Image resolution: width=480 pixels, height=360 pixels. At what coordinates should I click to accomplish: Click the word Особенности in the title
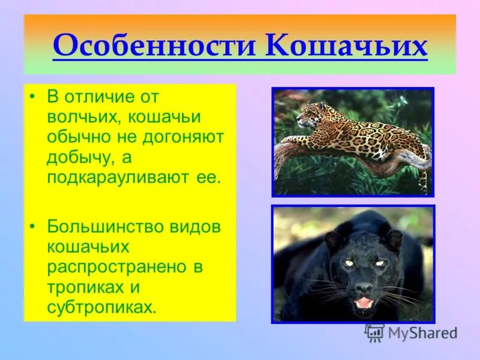click(x=154, y=46)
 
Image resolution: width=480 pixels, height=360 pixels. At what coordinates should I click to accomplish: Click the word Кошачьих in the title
click(x=346, y=46)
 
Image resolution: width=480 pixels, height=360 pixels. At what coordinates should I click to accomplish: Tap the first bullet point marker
click(x=35, y=96)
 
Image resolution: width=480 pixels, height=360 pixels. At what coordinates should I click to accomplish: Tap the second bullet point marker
click(x=35, y=227)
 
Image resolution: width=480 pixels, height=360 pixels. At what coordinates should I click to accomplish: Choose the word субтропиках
click(x=101, y=308)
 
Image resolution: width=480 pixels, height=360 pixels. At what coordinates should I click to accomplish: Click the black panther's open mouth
click(x=364, y=303)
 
